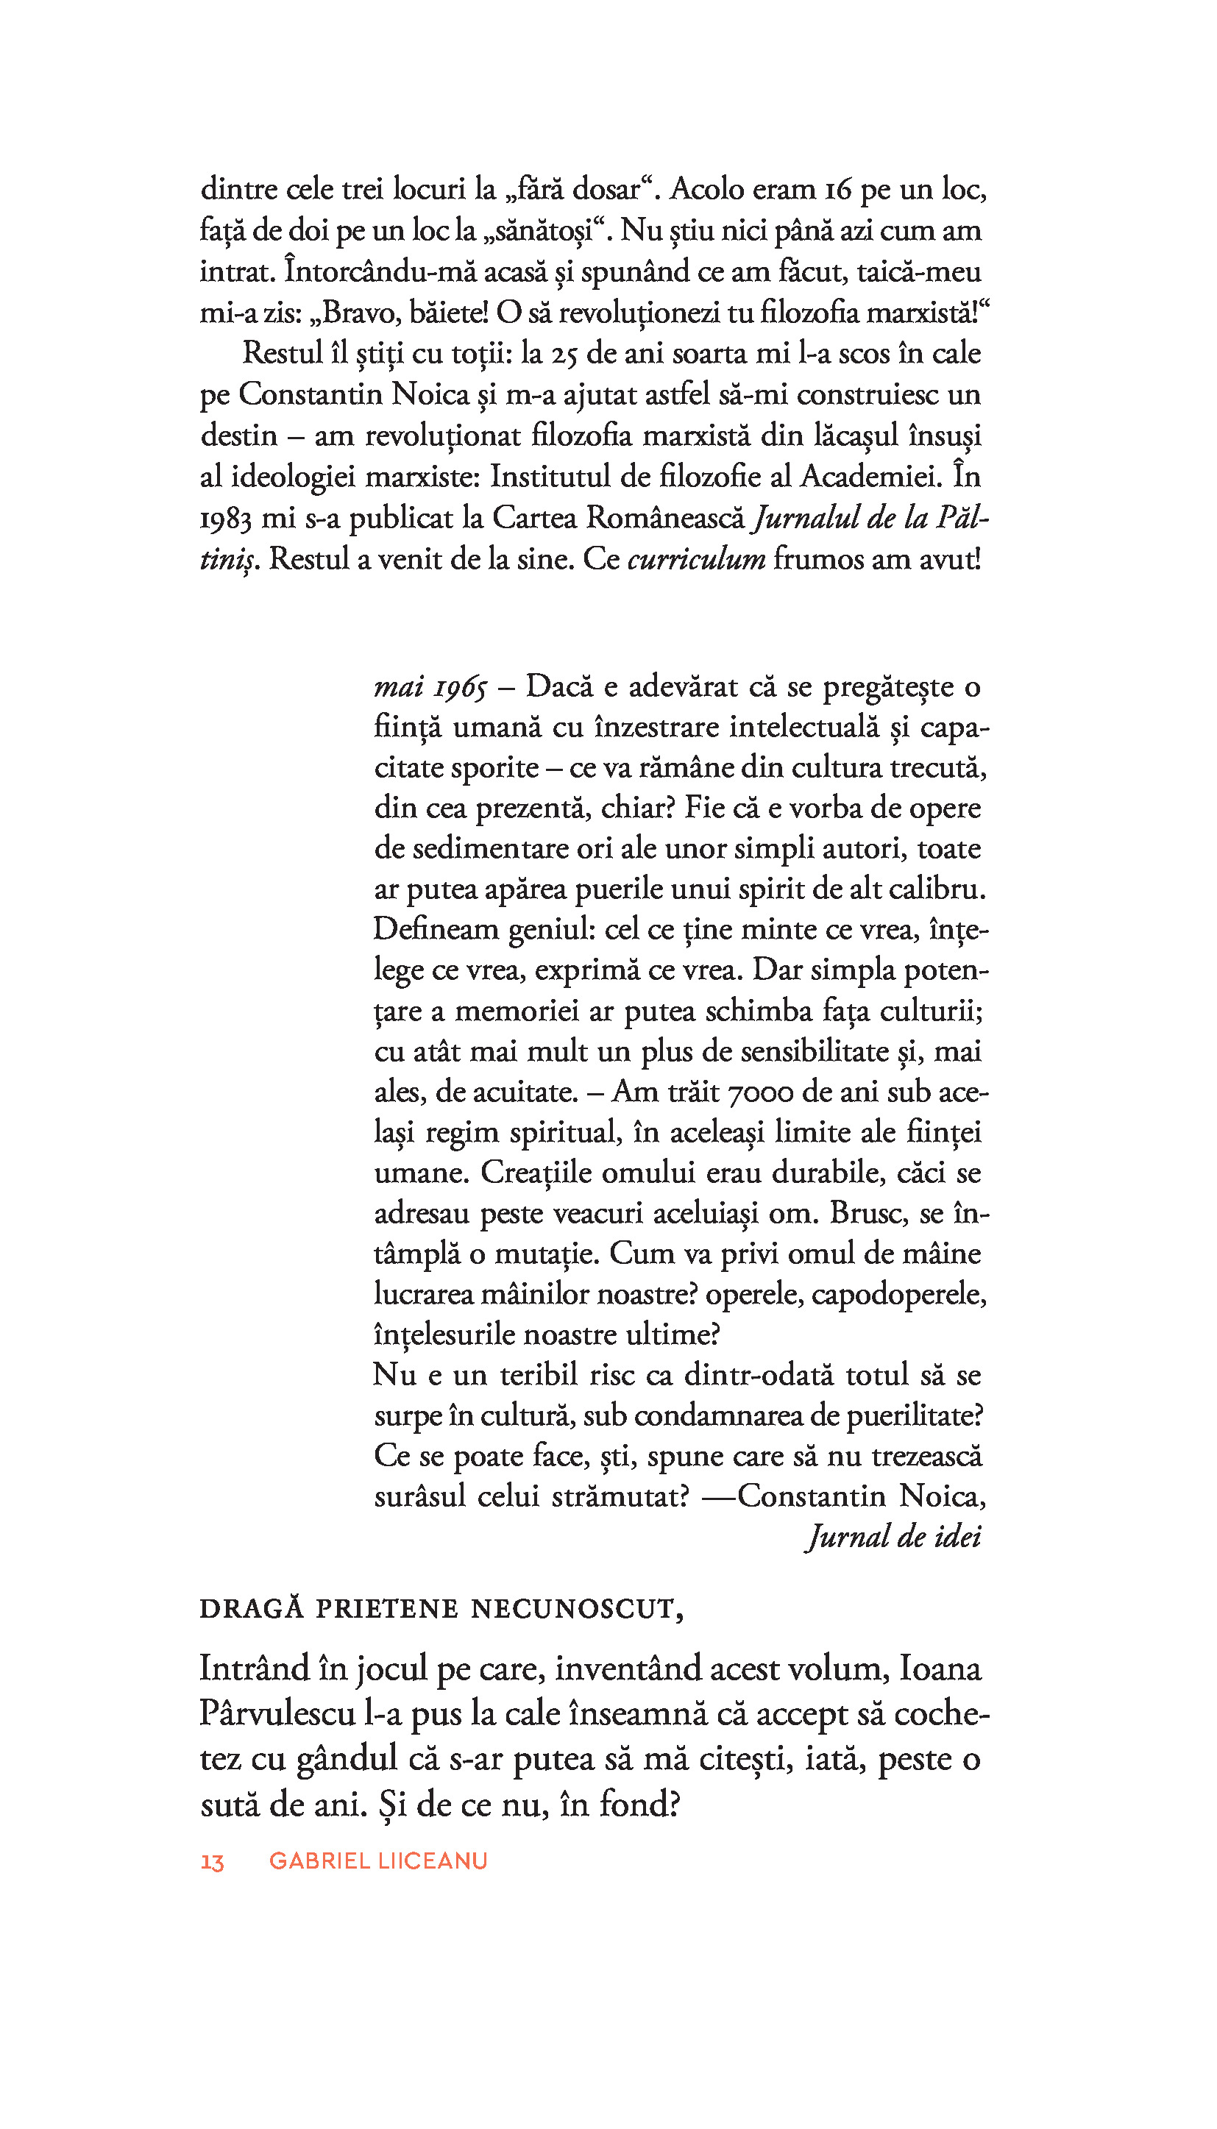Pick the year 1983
(x=226, y=519)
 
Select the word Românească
(x=664, y=518)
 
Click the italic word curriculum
(x=696, y=559)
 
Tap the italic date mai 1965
(x=430, y=687)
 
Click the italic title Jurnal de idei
(x=893, y=1537)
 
